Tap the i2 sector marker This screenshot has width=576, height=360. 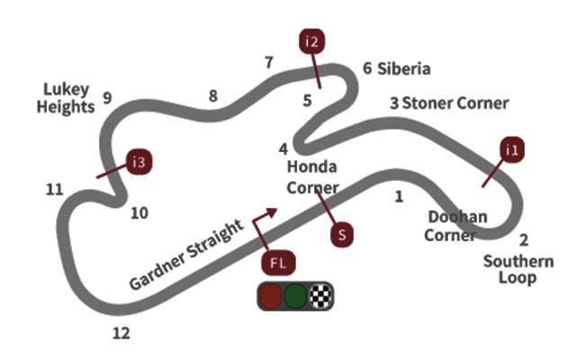tap(311, 41)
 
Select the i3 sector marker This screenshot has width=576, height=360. tap(139, 163)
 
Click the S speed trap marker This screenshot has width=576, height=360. tap(341, 234)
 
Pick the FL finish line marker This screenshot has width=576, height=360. tap(278, 264)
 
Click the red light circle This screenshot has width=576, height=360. tap(270, 296)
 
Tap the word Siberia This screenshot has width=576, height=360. tap(404, 68)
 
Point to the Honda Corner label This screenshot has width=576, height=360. tap(312, 177)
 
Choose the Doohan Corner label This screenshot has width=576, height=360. tap(457, 226)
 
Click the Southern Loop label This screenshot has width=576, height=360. tap(517, 269)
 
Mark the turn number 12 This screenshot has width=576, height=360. tap(121, 334)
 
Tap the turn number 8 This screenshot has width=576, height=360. tap(212, 96)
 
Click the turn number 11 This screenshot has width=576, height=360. tap(55, 189)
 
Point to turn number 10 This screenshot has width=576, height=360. tap(139, 213)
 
